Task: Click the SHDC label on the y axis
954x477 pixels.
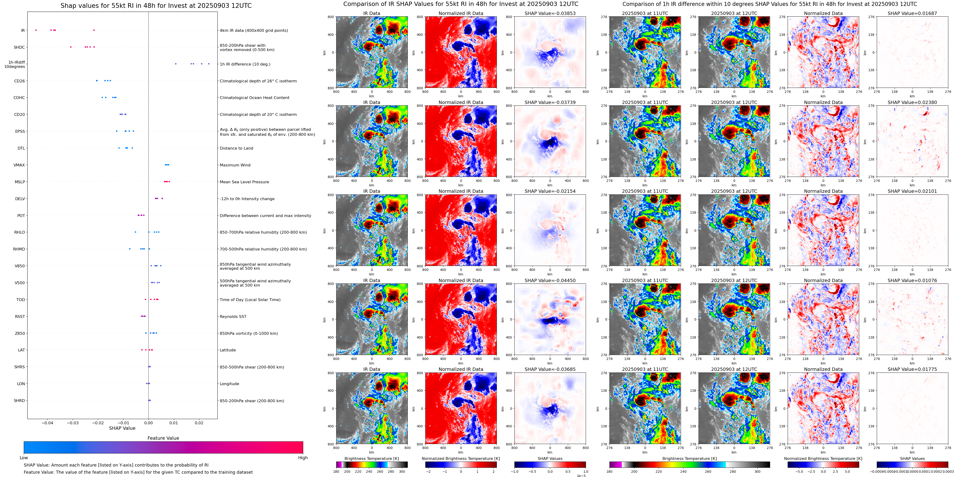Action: tap(19, 47)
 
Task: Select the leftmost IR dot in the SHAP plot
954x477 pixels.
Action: tap(36, 30)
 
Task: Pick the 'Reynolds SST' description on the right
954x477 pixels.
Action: tap(233, 317)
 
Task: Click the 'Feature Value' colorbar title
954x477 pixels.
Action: tap(163, 438)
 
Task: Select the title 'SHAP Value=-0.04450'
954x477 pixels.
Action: tap(550, 280)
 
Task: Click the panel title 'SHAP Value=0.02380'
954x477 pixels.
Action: tap(912, 103)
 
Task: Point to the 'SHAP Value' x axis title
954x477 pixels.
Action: tap(122, 428)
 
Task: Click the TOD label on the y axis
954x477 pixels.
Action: tap(21, 300)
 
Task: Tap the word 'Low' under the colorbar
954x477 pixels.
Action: tap(24, 458)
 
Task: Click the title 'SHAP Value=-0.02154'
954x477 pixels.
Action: tap(550, 191)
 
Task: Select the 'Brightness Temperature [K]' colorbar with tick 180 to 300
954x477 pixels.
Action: tap(372, 465)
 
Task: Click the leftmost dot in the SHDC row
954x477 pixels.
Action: tap(71, 47)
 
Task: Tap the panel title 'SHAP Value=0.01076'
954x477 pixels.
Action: tap(912, 280)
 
